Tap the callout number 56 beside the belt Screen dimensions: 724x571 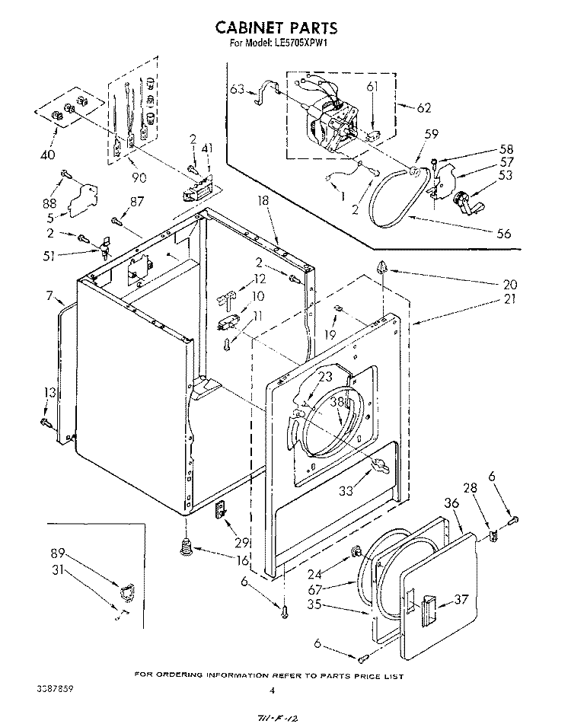(x=503, y=234)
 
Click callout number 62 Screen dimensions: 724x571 (x=424, y=107)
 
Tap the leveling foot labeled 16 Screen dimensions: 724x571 (x=185, y=546)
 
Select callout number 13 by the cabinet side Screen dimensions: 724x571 (x=50, y=392)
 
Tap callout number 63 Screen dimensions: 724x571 (x=238, y=90)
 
